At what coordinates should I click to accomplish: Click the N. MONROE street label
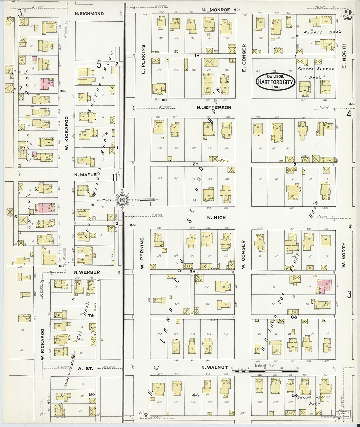click(x=216, y=10)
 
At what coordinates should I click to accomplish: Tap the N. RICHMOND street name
click(x=89, y=14)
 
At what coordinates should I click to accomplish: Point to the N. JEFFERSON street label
click(x=214, y=107)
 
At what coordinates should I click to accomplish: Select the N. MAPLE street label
click(x=85, y=175)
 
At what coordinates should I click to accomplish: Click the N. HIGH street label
click(x=216, y=218)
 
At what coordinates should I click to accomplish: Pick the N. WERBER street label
click(x=87, y=272)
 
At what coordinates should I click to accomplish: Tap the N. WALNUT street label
click(x=214, y=368)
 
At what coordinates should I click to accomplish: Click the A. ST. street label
click(x=85, y=368)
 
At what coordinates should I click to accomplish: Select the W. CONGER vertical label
click(x=243, y=255)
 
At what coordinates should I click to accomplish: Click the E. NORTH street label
click(x=344, y=56)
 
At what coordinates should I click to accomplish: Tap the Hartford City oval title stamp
click(x=275, y=82)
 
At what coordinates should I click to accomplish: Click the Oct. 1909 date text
click(x=275, y=76)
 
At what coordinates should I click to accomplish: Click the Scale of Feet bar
click(x=265, y=370)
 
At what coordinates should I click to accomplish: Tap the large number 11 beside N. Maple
click(x=115, y=178)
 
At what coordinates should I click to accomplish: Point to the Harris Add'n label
click(x=322, y=32)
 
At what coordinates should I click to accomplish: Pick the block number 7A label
click(x=91, y=316)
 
